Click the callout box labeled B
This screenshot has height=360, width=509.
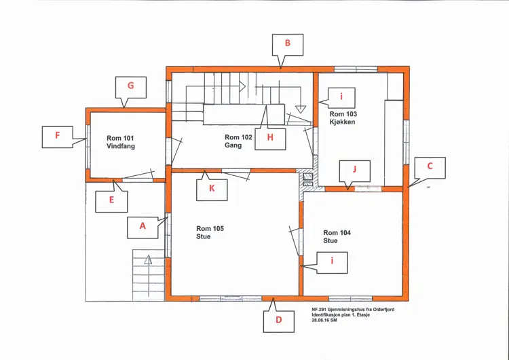pyautogui.click(x=288, y=45)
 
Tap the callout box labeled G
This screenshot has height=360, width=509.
pyautogui.click(x=131, y=87)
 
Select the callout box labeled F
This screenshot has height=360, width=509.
pyautogui.click(x=58, y=137)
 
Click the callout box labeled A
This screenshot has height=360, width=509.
pyautogui.click(x=143, y=228)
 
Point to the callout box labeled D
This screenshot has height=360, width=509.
pyautogui.click(x=279, y=321)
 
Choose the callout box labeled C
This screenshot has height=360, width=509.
pyautogui.click(x=430, y=168)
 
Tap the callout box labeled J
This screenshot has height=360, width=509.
pyautogui.click(x=354, y=171)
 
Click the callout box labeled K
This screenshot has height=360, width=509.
pyautogui.click(x=212, y=190)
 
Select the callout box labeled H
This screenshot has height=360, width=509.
pyautogui.click(x=270, y=139)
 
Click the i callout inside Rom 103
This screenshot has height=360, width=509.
pyautogui.click(x=341, y=98)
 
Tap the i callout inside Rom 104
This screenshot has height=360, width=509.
pyautogui.click(x=332, y=262)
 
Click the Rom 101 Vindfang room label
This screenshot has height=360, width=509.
pyautogui.click(x=120, y=143)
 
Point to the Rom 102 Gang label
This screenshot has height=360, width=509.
pyautogui.click(x=238, y=141)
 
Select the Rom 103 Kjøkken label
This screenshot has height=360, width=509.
pyautogui.click(x=343, y=118)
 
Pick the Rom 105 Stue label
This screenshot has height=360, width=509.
pyautogui.click(x=210, y=232)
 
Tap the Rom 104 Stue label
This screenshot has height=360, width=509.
pyautogui.click(x=337, y=236)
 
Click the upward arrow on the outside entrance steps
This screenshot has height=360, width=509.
pyautogui.click(x=148, y=276)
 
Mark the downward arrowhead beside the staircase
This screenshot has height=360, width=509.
pyautogui.click(x=301, y=109)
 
